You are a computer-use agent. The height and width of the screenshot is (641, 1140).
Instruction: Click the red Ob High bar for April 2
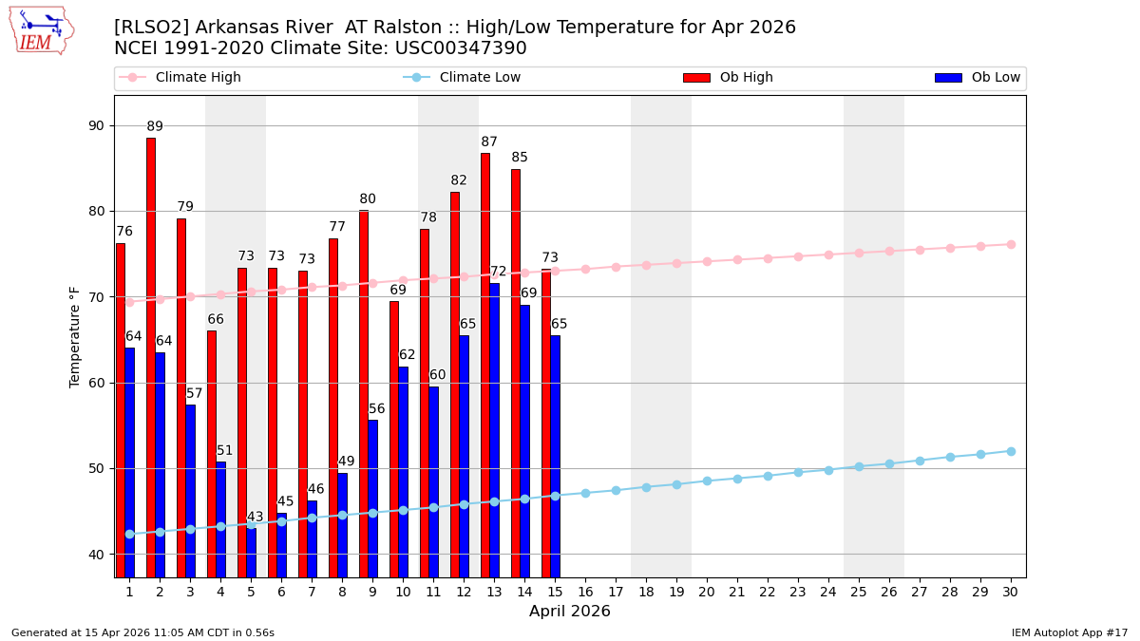(x=151, y=357)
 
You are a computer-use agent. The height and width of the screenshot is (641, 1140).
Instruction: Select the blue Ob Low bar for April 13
(x=494, y=429)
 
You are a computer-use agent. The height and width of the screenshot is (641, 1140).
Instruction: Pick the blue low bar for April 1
(x=129, y=462)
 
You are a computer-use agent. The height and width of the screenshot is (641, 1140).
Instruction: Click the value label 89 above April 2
(x=155, y=127)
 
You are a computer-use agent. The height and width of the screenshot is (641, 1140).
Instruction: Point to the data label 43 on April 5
(x=255, y=518)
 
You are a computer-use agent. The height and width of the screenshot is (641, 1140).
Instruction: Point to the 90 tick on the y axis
(x=97, y=125)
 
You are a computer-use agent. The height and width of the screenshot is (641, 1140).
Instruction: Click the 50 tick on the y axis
(x=97, y=468)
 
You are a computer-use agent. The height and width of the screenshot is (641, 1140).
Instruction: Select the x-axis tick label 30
(x=1011, y=592)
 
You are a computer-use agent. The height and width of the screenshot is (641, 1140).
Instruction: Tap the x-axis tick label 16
(x=585, y=592)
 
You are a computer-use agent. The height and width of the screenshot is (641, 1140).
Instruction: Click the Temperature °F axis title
(x=76, y=336)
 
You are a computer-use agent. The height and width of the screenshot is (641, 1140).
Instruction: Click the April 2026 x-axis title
(x=570, y=612)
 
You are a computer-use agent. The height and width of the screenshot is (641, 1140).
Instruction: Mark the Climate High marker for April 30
(x=1011, y=244)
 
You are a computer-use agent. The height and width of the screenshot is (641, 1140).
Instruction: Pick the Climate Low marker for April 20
(x=707, y=481)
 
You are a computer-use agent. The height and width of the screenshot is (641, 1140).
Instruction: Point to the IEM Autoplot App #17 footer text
(x=1069, y=632)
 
